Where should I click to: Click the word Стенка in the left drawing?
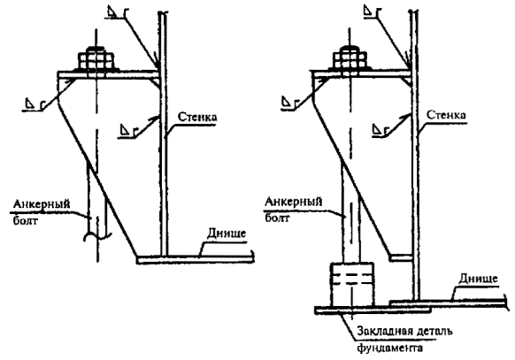(197, 117)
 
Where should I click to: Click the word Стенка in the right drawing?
(446, 115)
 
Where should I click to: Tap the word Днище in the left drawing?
(227, 234)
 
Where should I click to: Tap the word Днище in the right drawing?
(478, 279)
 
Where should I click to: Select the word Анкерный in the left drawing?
(42, 204)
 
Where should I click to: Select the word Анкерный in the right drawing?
(293, 202)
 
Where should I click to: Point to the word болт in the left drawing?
(26, 220)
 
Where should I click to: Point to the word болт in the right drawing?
(277, 218)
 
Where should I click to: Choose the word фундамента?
(390, 348)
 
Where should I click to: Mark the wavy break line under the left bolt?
(97, 235)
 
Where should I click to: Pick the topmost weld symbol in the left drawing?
(116, 11)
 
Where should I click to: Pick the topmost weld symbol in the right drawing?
(373, 10)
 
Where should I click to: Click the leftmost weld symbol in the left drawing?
(35, 105)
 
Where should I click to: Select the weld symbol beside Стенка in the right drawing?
(380, 129)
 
